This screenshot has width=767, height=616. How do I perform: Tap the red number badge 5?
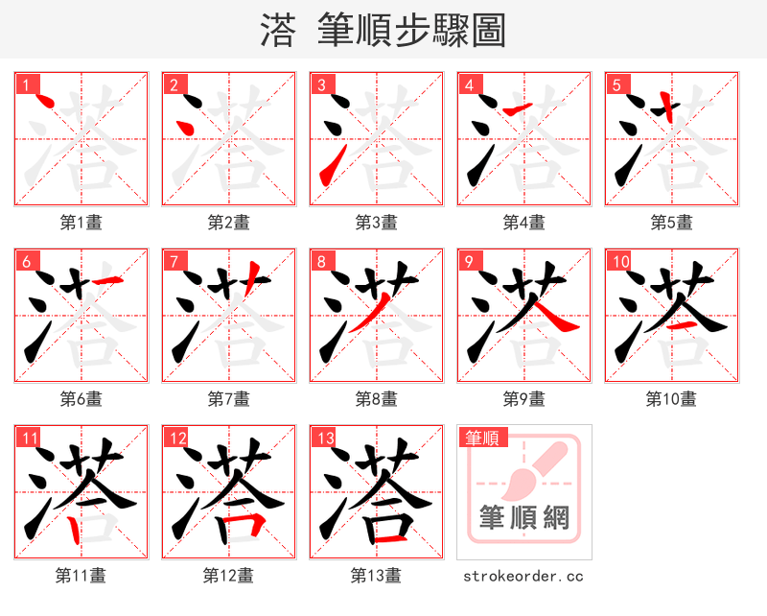tap(617, 84)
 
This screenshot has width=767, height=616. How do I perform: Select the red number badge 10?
tap(619, 261)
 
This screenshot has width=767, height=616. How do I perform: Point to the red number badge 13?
tap(325, 438)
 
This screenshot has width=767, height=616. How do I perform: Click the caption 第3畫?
tap(376, 222)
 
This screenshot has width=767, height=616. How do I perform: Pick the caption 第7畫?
tap(228, 398)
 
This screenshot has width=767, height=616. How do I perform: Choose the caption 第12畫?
tap(228, 576)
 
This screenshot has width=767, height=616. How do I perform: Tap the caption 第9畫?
tap(523, 398)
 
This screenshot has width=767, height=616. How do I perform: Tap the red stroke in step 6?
tap(107, 279)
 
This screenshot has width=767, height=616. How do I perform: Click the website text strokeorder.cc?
tap(523, 576)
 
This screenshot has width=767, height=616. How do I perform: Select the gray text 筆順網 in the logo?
tap(523, 518)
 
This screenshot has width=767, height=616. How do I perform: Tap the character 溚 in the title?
tap(277, 31)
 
